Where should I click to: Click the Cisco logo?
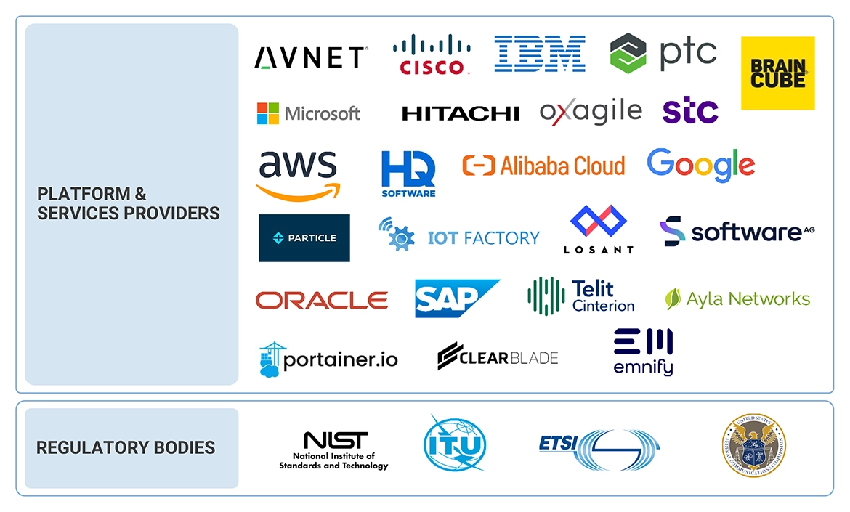431,54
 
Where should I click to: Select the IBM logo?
540,54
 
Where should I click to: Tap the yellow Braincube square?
777,73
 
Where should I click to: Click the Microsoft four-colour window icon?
267,113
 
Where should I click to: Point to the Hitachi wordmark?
461,113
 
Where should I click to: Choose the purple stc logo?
690,111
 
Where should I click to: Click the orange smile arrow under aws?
299,191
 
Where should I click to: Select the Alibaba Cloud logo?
543,166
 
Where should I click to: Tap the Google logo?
700,165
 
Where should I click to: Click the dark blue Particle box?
304,237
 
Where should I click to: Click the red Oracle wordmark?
322,300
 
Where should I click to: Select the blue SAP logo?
456,298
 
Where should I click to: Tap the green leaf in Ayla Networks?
673,298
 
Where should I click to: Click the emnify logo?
643,352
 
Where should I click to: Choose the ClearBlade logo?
498,356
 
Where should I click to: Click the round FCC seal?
753,444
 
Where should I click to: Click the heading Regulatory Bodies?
126,447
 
